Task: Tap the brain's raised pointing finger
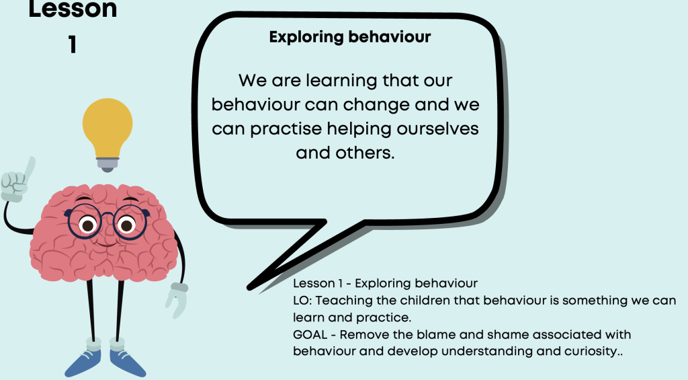30,169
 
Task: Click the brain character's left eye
88,225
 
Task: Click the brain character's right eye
126,225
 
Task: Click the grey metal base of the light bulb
107,165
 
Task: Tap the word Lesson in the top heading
73,9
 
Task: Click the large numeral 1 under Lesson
73,45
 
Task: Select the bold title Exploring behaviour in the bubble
350,37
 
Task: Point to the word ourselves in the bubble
437,128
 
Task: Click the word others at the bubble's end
365,153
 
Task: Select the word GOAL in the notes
310,335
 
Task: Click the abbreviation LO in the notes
302,301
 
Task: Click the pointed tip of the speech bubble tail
249,288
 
